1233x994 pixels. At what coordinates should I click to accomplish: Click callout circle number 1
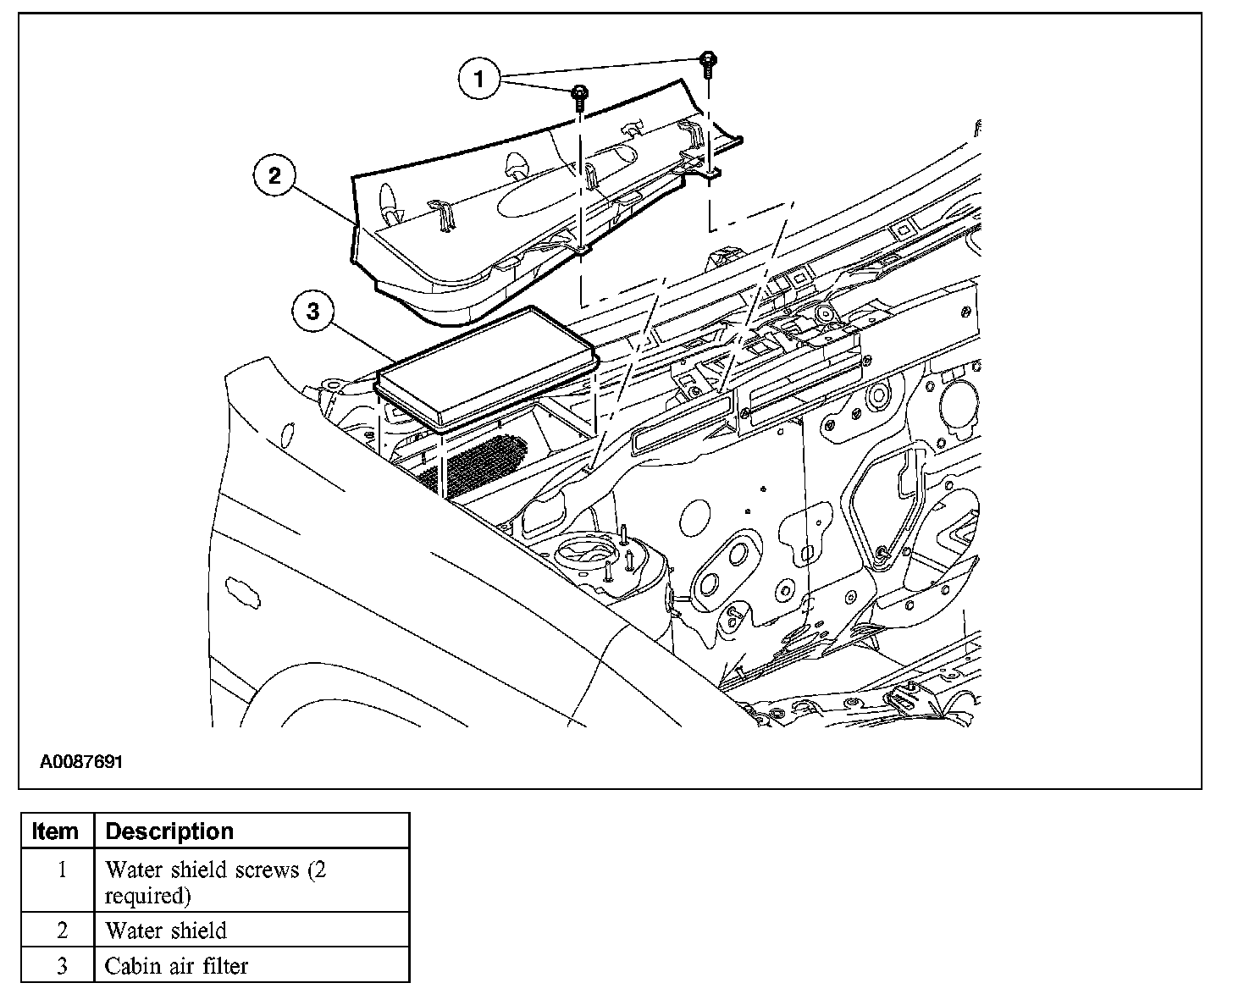[479, 80]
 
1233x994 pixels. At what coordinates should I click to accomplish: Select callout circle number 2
[274, 176]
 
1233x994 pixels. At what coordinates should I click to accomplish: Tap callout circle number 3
[313, 312]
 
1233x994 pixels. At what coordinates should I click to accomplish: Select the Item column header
[55, 831]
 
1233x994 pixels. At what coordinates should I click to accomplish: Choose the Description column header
[169, 831]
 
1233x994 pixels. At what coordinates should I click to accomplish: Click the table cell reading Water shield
[166, 930]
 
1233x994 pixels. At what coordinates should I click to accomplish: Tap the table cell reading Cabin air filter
[176, 965]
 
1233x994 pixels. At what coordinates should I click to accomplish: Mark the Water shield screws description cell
[215, 881]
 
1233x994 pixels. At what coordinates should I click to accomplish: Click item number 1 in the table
[62, 870]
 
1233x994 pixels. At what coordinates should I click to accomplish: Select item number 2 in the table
[62, 930]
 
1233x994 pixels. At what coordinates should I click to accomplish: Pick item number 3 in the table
[62, 965]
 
